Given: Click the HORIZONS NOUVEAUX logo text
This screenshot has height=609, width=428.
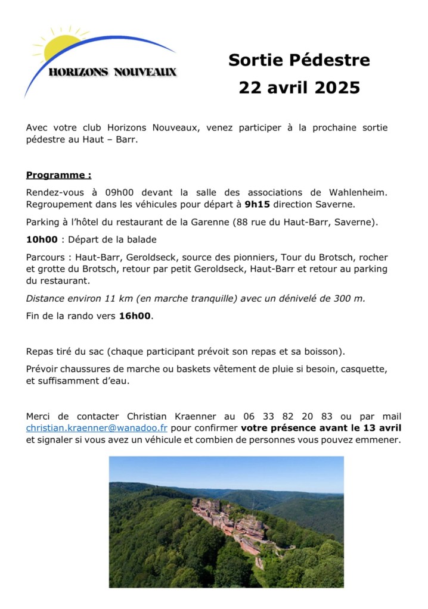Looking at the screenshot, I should click(x=113, y=72).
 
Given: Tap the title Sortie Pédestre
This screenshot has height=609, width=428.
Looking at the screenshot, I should click(x=299, y=60).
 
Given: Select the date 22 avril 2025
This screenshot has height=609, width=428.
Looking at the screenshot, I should click(x=299, y=88).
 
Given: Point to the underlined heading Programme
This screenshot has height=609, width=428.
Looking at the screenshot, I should click(x=58, y=175).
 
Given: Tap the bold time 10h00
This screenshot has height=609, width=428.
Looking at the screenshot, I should click(x=42, y=239).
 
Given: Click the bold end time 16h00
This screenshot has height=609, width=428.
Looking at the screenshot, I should click(x=135, y=316).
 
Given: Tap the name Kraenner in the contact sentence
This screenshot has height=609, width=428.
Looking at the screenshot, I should click(x=195, y=416).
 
